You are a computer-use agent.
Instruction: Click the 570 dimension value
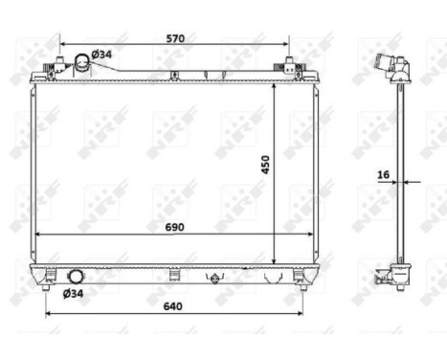pos(174,38)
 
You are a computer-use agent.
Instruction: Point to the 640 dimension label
pos(172,308)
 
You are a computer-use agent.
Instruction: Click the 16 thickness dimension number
pos(383,175)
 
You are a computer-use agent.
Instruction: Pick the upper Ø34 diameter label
pos(101,55)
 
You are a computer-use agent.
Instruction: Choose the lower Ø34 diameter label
pos(74,293)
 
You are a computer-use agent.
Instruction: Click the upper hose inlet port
pos(80,67)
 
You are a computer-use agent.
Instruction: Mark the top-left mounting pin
pos(45,72)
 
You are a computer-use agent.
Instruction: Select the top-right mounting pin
pos(288,67)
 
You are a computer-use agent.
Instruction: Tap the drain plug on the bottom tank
pos(215,279)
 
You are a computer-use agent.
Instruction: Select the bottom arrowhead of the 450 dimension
pos(275,260)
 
